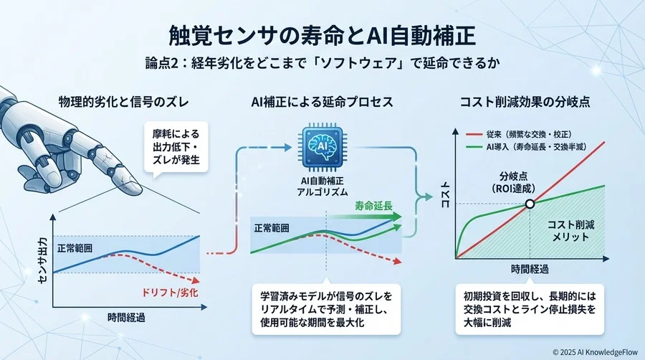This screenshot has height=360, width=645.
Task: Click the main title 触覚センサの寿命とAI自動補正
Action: [322, 34]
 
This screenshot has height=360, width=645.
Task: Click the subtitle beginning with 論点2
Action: [322, 63]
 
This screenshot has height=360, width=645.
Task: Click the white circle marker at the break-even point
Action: [530, 204]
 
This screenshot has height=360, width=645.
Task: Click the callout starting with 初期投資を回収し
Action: [530, 307]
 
